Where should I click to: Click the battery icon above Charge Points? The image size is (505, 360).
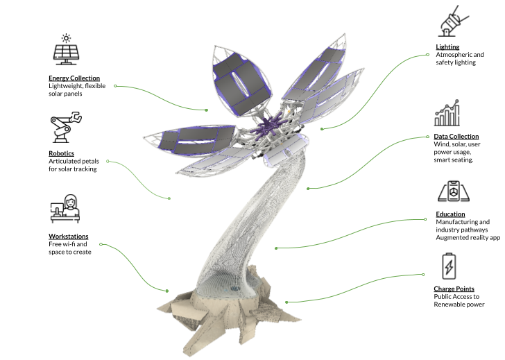(449, 266)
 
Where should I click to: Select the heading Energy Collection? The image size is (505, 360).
(74, 78)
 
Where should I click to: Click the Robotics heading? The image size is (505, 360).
(62, 153)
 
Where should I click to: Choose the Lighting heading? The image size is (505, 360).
(447, 47)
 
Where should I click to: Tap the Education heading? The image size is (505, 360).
(450, 214)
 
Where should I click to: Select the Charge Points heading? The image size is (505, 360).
(454, 289)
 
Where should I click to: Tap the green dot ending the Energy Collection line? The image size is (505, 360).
(207, 110)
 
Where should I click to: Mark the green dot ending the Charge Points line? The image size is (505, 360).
(286, 302)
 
